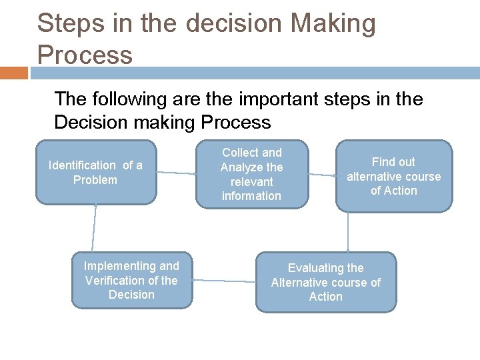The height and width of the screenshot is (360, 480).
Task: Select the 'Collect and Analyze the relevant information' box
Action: pyautogui.click(x=251, y=174)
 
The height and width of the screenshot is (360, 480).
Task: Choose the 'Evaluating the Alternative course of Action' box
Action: pyautogui.click(x=325, y=282)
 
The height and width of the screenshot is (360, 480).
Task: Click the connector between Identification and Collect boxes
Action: pyautogui.click(x=176, y=173)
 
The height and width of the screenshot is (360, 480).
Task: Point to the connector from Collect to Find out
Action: pyautogui.click(x=322, y=175)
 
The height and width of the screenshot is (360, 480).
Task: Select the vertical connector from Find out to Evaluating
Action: pyautogui.click(x=348, y=232)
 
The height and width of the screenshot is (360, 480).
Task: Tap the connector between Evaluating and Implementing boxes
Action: pyautogui.click(x=224, y=281)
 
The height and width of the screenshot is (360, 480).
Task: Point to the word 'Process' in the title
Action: pyautogui.click(x=85, y=55)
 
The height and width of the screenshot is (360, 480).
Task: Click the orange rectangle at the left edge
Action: pyautogui.click(x=13, y=72)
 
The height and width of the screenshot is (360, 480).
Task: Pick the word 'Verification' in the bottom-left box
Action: pyautogui.click(x=122, y=281)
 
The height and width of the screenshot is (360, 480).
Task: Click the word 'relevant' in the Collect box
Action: pyautogui.click(x=251, y=181)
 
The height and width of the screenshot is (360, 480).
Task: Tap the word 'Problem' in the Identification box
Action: pyautogui.click(x=95, y=180)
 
